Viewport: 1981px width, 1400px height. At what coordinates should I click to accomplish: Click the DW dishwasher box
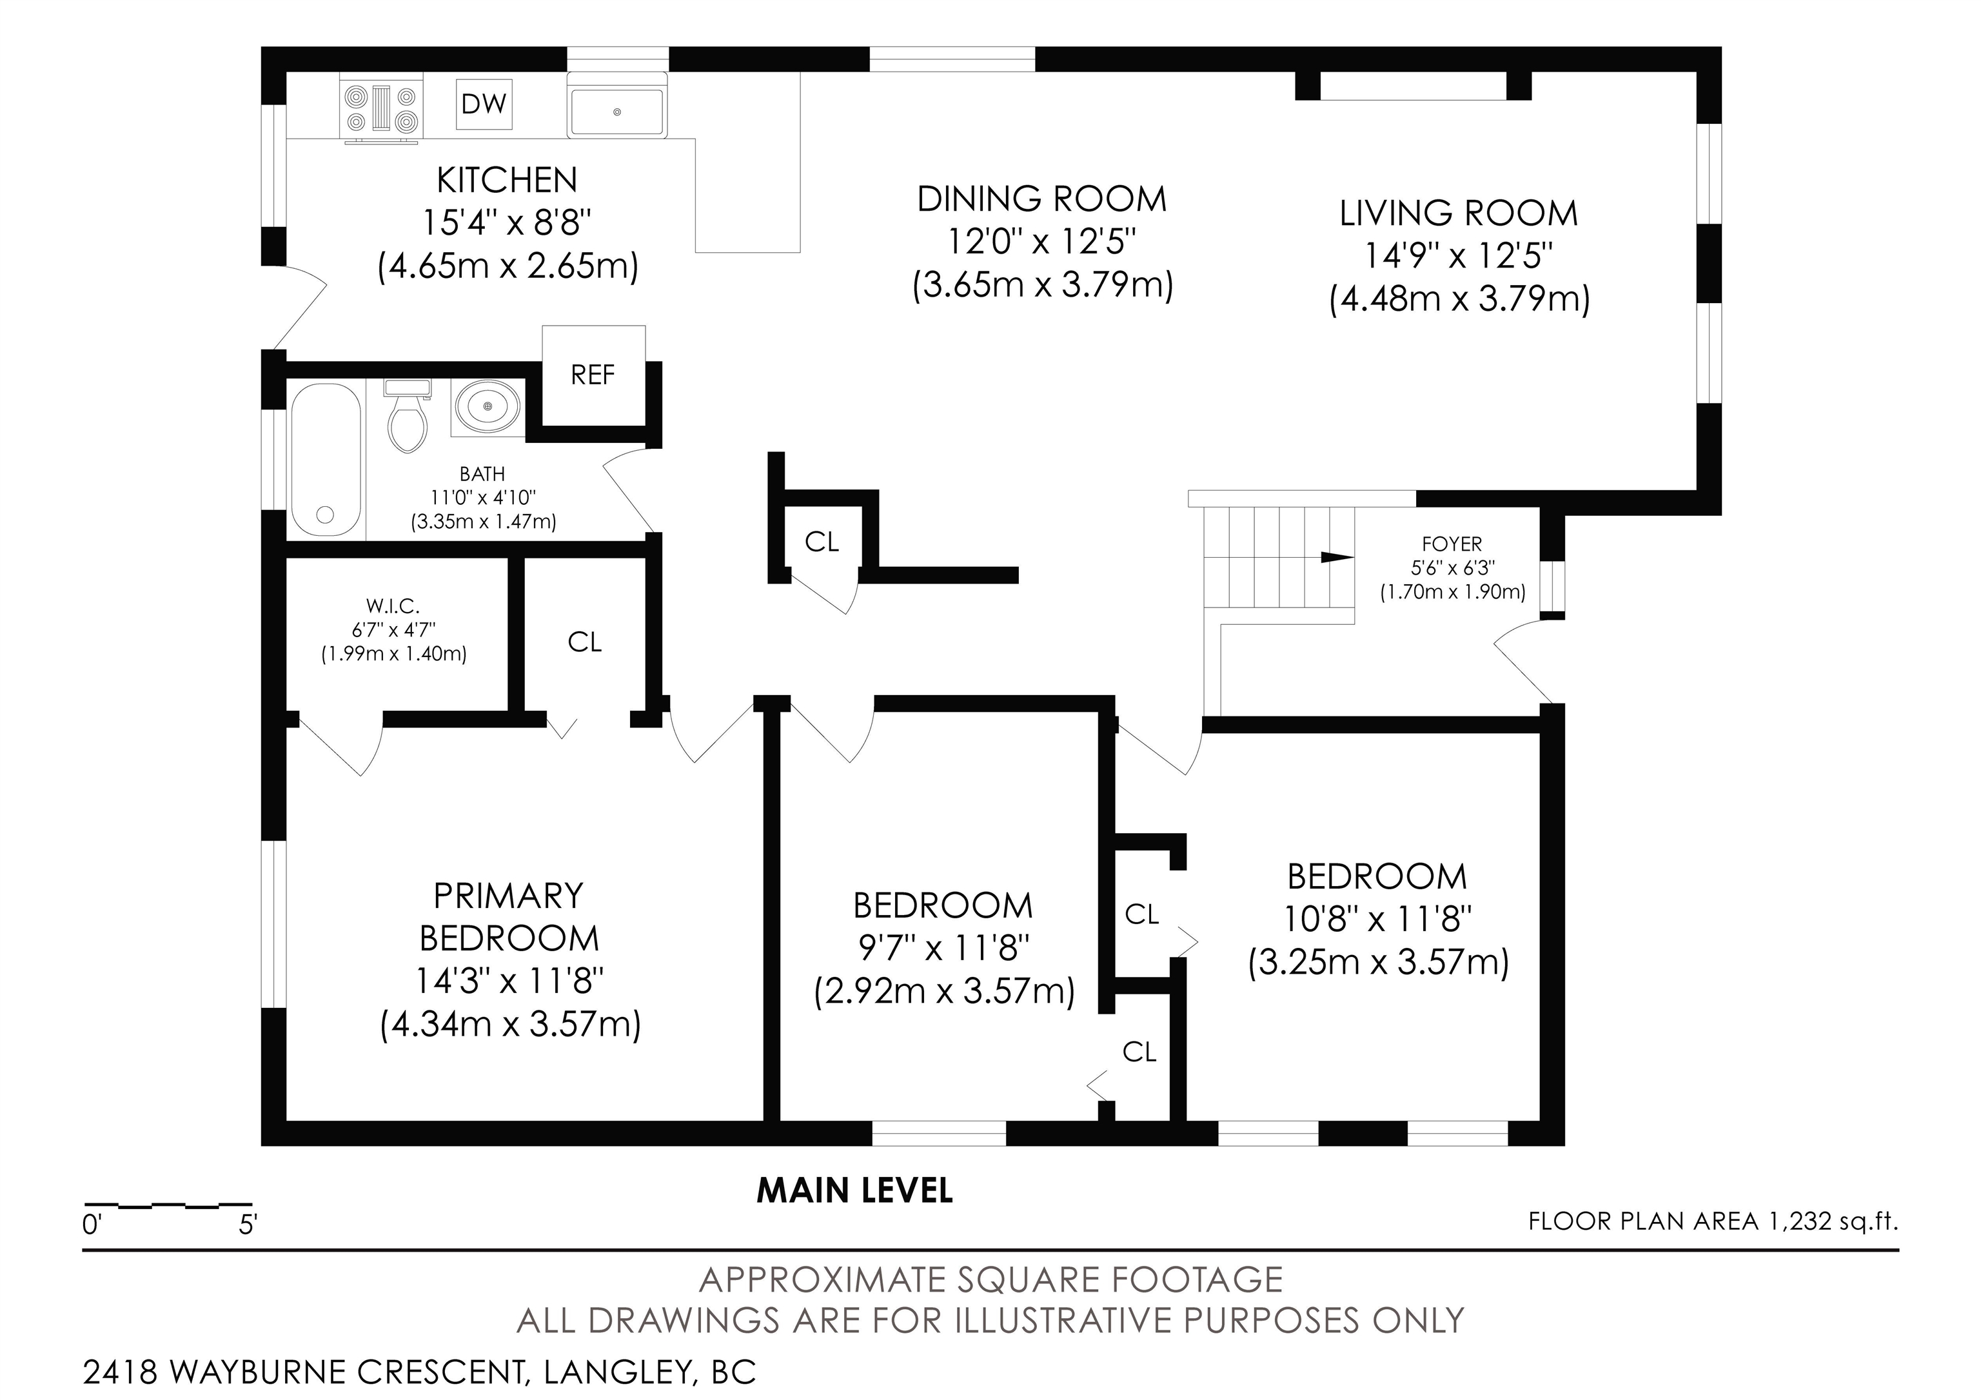tap(484, 104)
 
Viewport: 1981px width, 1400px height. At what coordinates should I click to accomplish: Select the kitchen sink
tap(617, 104)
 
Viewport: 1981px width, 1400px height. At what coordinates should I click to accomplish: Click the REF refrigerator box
tap(594, 375)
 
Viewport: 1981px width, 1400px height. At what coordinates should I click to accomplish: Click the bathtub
tap(325, 460)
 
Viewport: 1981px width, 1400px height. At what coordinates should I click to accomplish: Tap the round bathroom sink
tap(488, 406)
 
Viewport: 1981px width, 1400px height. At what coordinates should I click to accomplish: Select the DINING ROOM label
tap(1041, 199)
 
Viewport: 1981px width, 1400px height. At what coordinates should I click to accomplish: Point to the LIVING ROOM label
tap(1459, 213)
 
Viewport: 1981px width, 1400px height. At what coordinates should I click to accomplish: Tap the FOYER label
tap(1452, 544)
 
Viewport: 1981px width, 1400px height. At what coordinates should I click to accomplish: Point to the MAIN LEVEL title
tap(855, 1191)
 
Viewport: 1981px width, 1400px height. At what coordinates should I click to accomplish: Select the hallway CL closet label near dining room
tap(822, 542)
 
